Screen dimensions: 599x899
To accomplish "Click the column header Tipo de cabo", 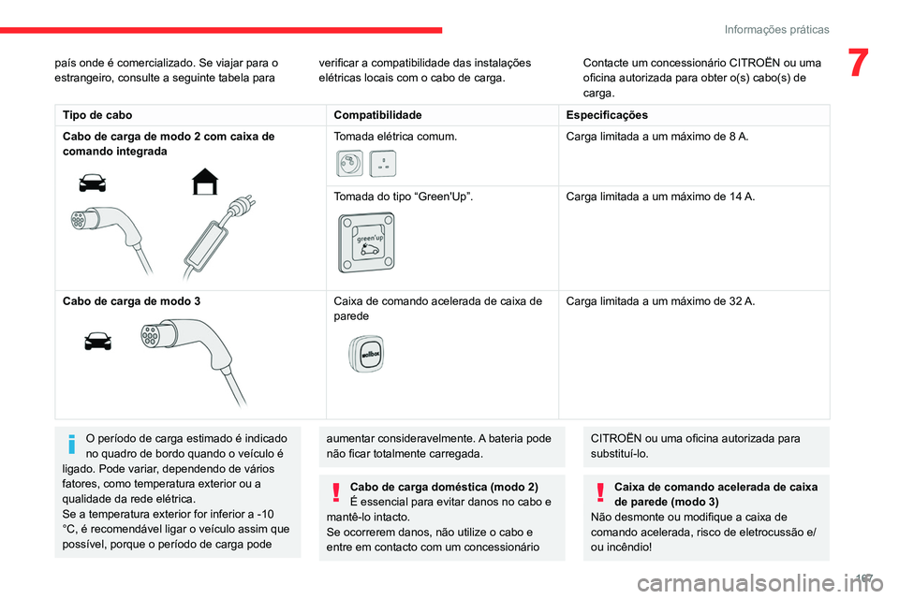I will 97,114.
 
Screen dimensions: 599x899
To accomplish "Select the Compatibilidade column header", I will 377,114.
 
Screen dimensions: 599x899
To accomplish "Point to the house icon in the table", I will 205,182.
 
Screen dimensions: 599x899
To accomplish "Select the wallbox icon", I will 366,354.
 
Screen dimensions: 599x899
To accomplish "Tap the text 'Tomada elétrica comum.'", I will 395,137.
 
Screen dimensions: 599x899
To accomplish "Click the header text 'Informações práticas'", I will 776,30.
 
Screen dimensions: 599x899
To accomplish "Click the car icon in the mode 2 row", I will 93,183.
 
